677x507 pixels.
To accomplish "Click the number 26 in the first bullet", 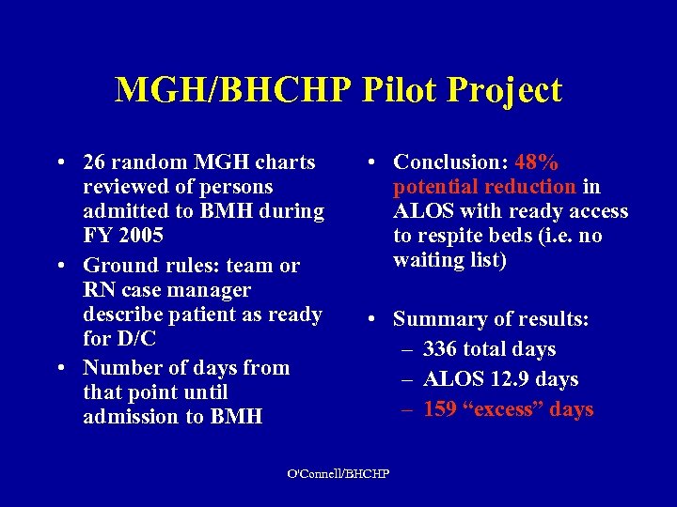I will click(x=95, y=162).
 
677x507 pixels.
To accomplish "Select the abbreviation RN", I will click(x=99, y=290).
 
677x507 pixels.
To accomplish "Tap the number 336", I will click(x=441, y=349).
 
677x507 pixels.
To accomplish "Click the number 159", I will click(x=441, y=409).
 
